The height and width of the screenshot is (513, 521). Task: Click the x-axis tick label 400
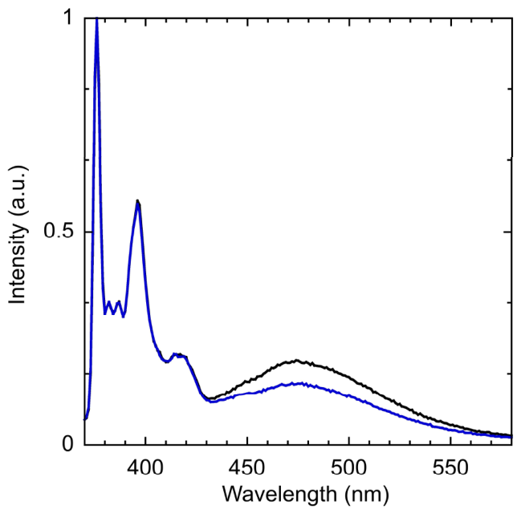click(145, 467)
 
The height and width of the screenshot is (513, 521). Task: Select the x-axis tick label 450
click(247, 467)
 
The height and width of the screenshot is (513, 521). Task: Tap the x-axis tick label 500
click(349, 467)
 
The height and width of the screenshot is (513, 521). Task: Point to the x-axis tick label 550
click(450, 467)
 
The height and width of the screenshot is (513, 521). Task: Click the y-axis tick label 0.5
click(59, 231)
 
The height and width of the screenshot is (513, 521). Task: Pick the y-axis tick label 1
click(69, 18)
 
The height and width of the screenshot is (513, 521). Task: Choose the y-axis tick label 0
click(67, 444)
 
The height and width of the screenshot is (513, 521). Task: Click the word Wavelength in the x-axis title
click(279, 495)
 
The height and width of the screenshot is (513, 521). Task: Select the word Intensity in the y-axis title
click(17, 264)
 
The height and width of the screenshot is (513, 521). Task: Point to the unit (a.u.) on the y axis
click(18, 191)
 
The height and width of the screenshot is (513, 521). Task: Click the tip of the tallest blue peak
click(97, 18)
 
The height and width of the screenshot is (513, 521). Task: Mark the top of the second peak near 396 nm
click(137, 202)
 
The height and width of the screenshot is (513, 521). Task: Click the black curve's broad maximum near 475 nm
click(296, 360)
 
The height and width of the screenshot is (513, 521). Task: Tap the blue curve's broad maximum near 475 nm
click(297, 384)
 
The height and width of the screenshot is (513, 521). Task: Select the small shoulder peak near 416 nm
click(176, 354)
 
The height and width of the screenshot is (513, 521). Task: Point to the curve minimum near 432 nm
click(210, 401)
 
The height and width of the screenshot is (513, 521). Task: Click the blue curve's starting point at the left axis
click(85, 420)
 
